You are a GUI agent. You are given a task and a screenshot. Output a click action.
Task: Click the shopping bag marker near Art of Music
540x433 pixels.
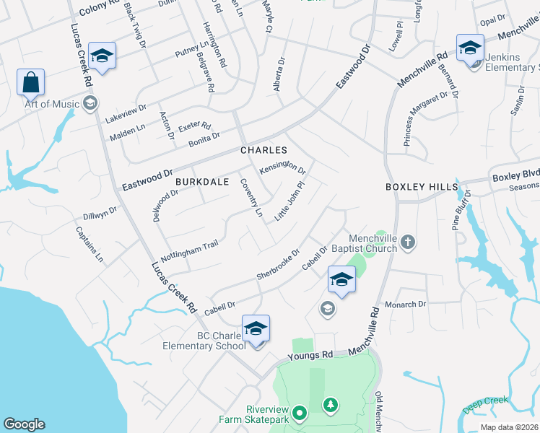click(31, 83)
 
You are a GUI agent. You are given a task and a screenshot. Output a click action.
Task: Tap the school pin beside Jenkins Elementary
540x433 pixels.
click(470, 49)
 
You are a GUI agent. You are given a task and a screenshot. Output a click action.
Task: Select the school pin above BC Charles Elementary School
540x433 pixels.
click(256, 328)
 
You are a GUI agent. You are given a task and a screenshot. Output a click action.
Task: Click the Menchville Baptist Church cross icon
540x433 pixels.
click(408, 242)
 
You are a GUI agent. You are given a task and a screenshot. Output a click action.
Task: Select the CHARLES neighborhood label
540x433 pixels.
click(264, 150)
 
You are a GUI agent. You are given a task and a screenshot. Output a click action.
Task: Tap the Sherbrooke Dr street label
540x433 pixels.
click(278, 266)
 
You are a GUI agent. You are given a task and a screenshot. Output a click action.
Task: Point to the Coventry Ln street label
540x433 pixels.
click(251, 198)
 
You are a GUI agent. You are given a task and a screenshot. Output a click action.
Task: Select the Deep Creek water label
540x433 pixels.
click(486, 405)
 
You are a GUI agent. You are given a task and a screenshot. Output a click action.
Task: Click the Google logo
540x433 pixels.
click(24, 424)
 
